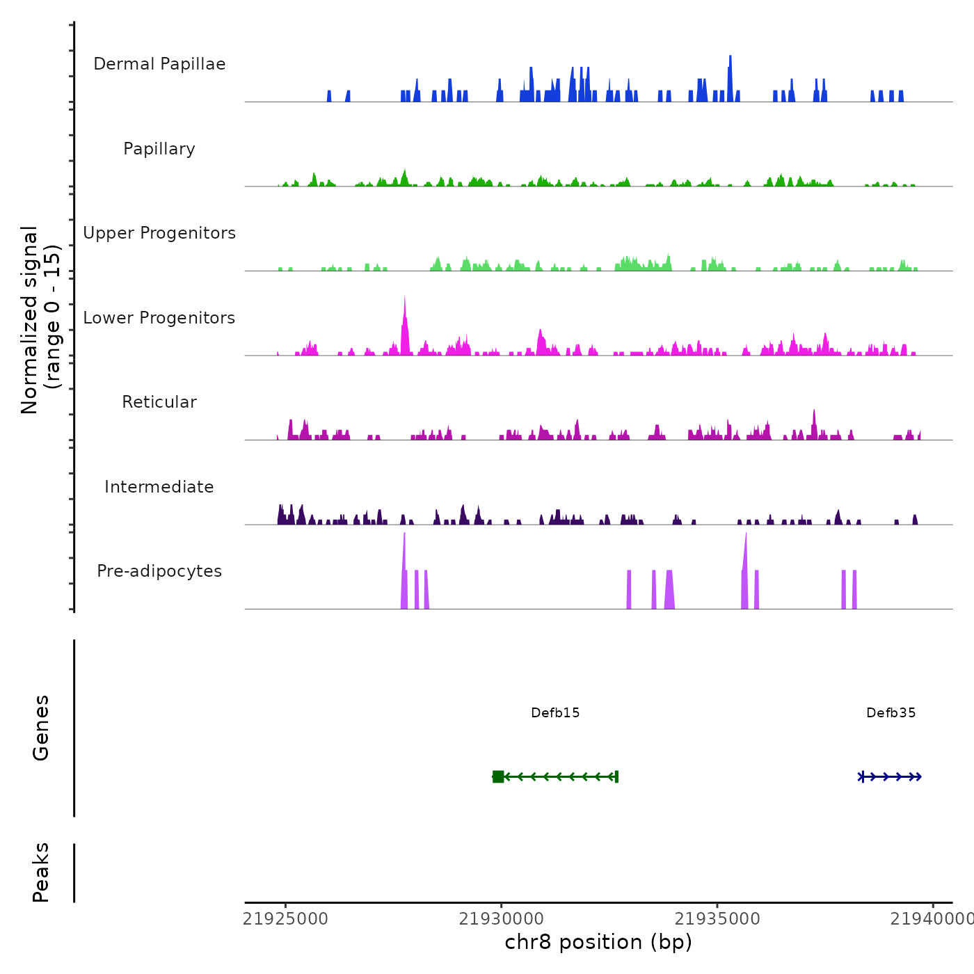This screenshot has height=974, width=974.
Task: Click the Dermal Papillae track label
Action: [159, 64]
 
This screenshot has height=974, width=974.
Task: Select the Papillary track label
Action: [159, 149]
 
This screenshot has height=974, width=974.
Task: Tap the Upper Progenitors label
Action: [159, 233]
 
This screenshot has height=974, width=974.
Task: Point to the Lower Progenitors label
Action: [159, 318]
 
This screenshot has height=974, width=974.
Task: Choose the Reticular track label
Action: [159, 402]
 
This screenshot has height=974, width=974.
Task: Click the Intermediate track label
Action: [159, 487]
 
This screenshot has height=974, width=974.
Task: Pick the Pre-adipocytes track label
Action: [159, 571]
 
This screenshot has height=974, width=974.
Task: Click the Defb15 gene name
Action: [555, 712]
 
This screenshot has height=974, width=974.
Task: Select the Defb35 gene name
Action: [891, 712]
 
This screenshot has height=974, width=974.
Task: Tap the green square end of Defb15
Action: [498, 776]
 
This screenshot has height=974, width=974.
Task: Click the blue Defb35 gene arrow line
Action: [891, 776]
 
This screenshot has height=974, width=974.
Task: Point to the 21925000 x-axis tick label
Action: [285, 919]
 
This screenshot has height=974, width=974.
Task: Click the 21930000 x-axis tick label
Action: [501, 919]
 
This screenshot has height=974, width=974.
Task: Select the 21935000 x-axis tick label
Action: [717, 919]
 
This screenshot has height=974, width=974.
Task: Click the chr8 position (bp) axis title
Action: [598, 942]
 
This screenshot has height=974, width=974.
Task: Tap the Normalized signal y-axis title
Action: [40, 319]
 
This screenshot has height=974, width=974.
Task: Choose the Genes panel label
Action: [41, 728]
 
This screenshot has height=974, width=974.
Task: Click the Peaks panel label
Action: [41, 872]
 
